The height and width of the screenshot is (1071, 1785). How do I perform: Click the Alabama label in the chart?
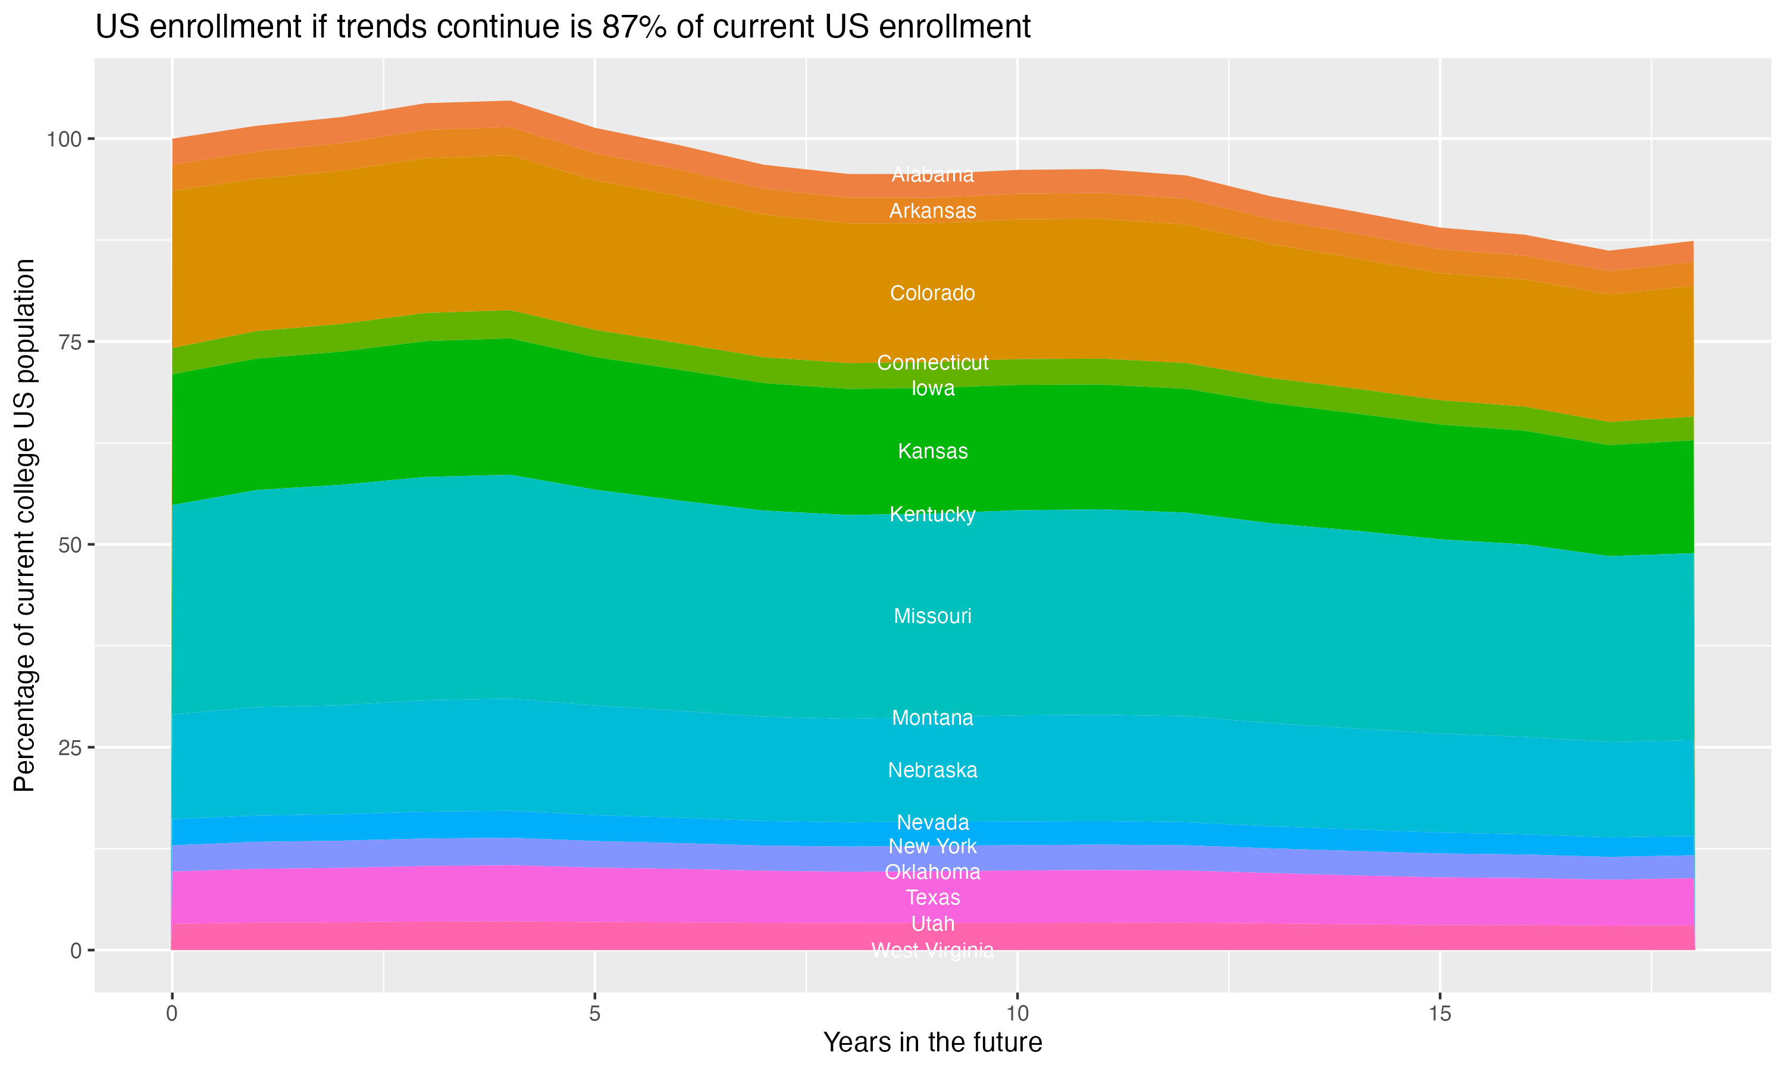click(932, 175)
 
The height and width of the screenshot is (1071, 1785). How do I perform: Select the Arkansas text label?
click(932, 211)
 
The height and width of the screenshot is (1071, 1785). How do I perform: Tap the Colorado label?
click(932, 293)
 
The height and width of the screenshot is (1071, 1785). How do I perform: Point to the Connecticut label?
click(932, 362)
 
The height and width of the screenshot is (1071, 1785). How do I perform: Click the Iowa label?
click(932, 389)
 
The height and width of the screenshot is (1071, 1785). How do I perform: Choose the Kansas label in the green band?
click(932, 451)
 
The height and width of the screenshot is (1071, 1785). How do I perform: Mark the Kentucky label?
click(932, 514)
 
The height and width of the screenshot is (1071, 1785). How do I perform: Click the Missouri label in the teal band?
click(932, 616)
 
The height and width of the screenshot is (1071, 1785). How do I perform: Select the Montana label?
click(932, 718)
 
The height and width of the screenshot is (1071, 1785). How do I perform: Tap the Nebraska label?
click(932, 770)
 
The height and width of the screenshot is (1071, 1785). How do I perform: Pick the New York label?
click(932, 846)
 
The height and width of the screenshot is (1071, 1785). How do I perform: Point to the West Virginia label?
click(932, 950)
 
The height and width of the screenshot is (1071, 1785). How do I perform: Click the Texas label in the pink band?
click(932, 897)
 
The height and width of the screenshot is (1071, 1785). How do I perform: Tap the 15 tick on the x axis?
click(1439, 1014)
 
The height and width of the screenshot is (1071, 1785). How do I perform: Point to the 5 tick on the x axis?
click(594, 1014)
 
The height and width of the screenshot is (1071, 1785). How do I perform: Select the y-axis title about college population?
click(25, 525)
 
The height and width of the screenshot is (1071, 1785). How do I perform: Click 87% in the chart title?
click(628, 27)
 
